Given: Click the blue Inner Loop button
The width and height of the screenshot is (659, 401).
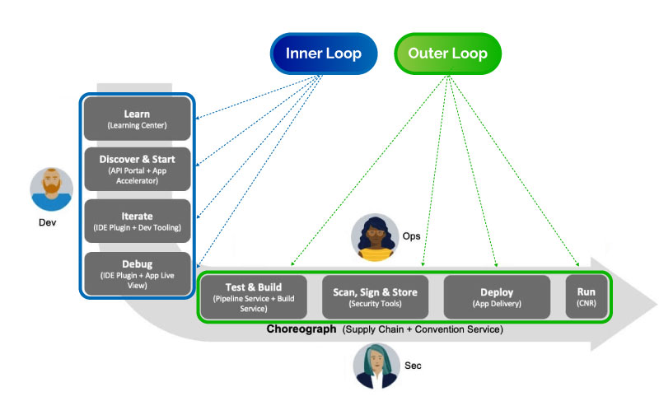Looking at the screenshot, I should [x=324, y=54].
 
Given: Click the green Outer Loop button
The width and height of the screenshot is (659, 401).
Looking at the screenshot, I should [x=448, y=54].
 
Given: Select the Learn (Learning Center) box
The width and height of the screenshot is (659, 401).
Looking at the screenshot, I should [x=137, y=119].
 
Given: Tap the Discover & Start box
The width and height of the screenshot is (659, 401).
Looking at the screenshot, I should [x=137, y=169].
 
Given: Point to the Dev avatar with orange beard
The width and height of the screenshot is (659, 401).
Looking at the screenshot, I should [x=52, y=190].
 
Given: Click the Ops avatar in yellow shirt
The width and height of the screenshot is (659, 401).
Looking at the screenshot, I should [x=374, y=238].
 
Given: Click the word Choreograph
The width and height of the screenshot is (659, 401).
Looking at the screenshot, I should [x=301, y=329].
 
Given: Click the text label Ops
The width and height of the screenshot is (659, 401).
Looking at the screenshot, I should [x=411, y=236].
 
